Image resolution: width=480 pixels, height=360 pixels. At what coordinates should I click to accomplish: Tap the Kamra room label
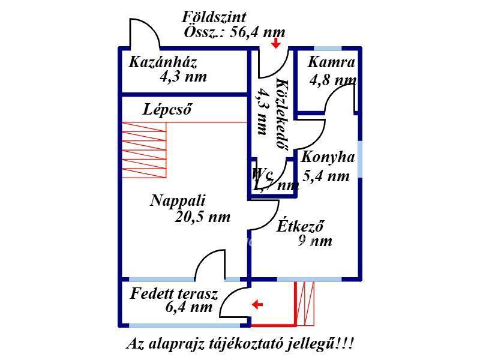pyautogui.click(x=332, y=62)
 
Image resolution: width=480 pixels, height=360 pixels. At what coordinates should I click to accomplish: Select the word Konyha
pyautogui.click(x=328, y=158)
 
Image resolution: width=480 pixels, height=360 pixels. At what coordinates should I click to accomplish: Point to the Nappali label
pyautogui.click(x=178, y=201)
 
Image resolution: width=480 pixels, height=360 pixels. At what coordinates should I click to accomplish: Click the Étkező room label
pyautogui.click(x=301, y=227)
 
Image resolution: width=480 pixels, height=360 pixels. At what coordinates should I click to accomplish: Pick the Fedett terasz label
pyautogui.click(x=174, y=294)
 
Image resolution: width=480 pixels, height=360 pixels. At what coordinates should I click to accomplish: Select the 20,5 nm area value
pyautogui.click(x=203, y=217)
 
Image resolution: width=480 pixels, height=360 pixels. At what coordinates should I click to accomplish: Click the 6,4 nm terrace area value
pyautogui.click(x=189, y=308)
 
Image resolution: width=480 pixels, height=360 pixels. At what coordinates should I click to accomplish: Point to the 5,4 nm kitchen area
pyautogui.click(x=326, y=176)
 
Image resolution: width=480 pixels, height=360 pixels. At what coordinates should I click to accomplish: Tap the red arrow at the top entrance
pyautogui.click(x=276, y=43)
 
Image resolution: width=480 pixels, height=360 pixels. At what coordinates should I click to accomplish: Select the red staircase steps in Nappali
pyautogui.click(x=144, y=150)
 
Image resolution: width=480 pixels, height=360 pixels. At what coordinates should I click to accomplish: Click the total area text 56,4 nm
pyautogui.click(x=253, y=32)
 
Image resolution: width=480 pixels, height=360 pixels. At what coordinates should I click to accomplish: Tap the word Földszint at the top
pyautogui.click(x=214, y=17)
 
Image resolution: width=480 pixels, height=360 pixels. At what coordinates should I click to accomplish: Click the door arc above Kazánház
pyautogui.click(x=145, y=33)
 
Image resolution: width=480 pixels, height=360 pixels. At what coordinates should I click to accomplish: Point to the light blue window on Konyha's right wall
pyautogui.click(x=360, y=159)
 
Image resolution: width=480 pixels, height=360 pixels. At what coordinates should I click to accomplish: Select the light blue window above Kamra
pyautogui.click(x=328, y=48)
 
